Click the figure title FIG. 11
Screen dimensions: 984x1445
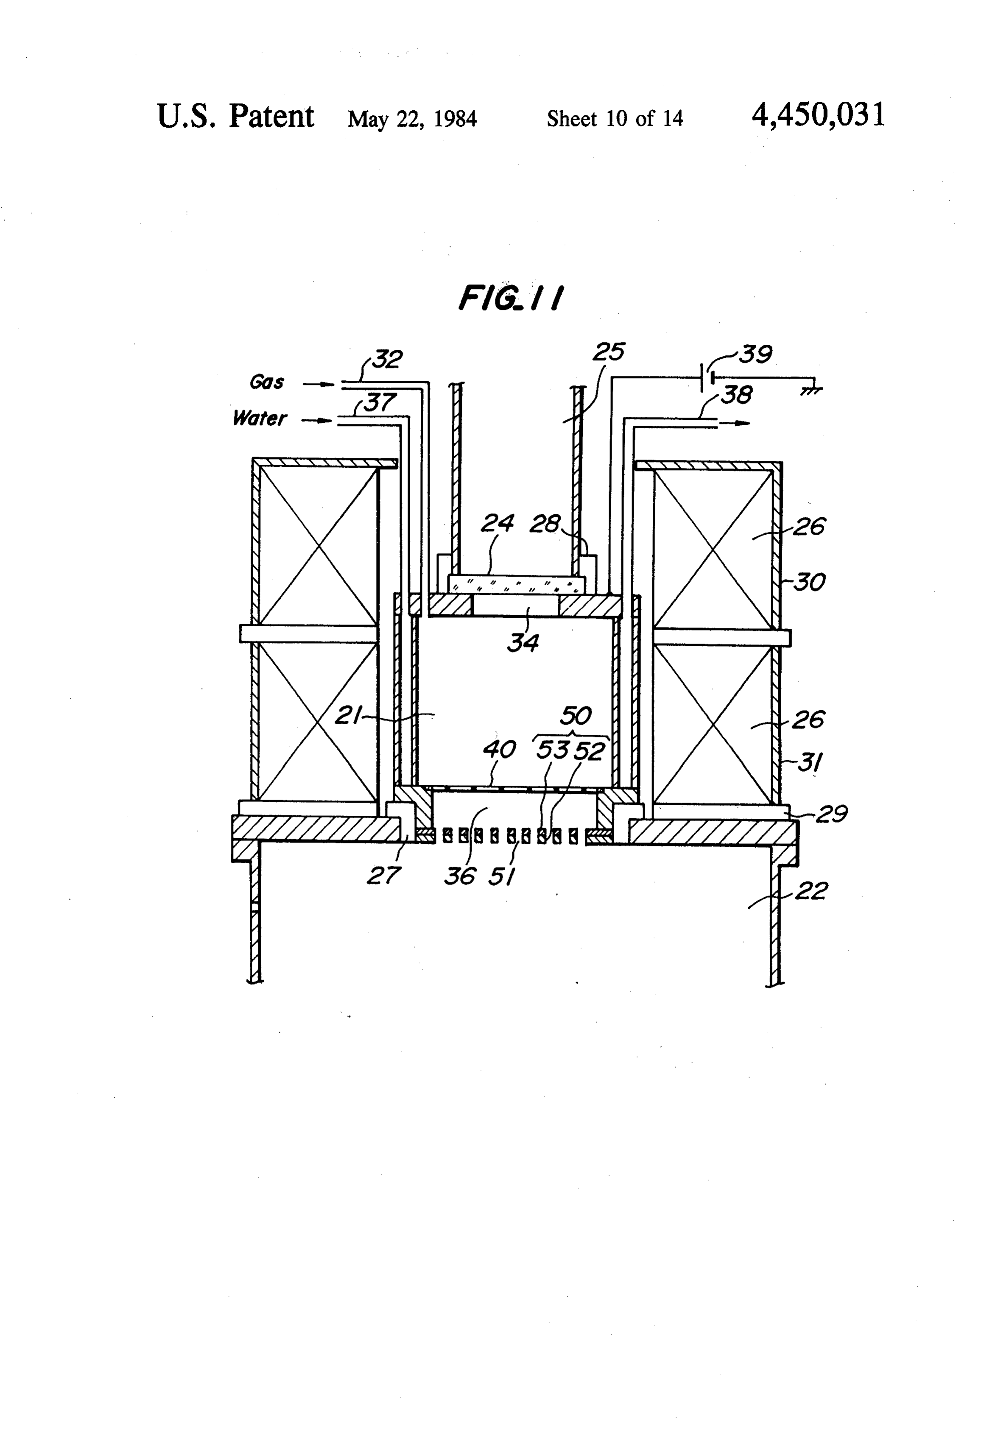[511, 298]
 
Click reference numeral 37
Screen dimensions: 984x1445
[379, 402]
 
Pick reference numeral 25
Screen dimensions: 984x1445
[608, 352]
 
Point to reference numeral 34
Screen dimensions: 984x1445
[523, 642]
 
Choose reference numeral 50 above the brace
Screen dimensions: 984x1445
[576, 716]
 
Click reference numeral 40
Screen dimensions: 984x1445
[500, 750]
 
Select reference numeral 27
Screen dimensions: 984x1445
[383, 876]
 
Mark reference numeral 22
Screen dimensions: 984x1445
[811, 892]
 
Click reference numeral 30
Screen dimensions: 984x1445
[809, 582]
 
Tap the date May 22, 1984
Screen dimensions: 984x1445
[412, 119]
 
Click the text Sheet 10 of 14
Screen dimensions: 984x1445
[615, 118]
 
